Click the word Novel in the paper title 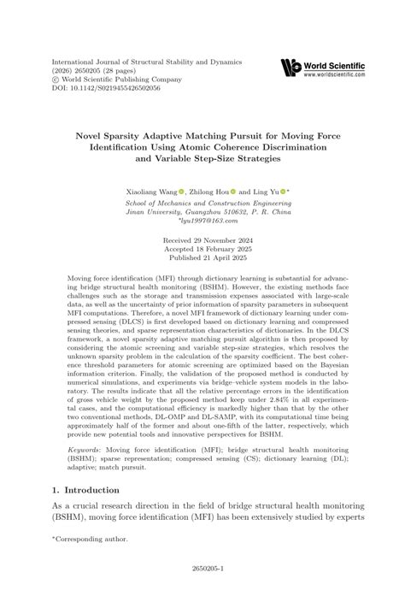(93, 134)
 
